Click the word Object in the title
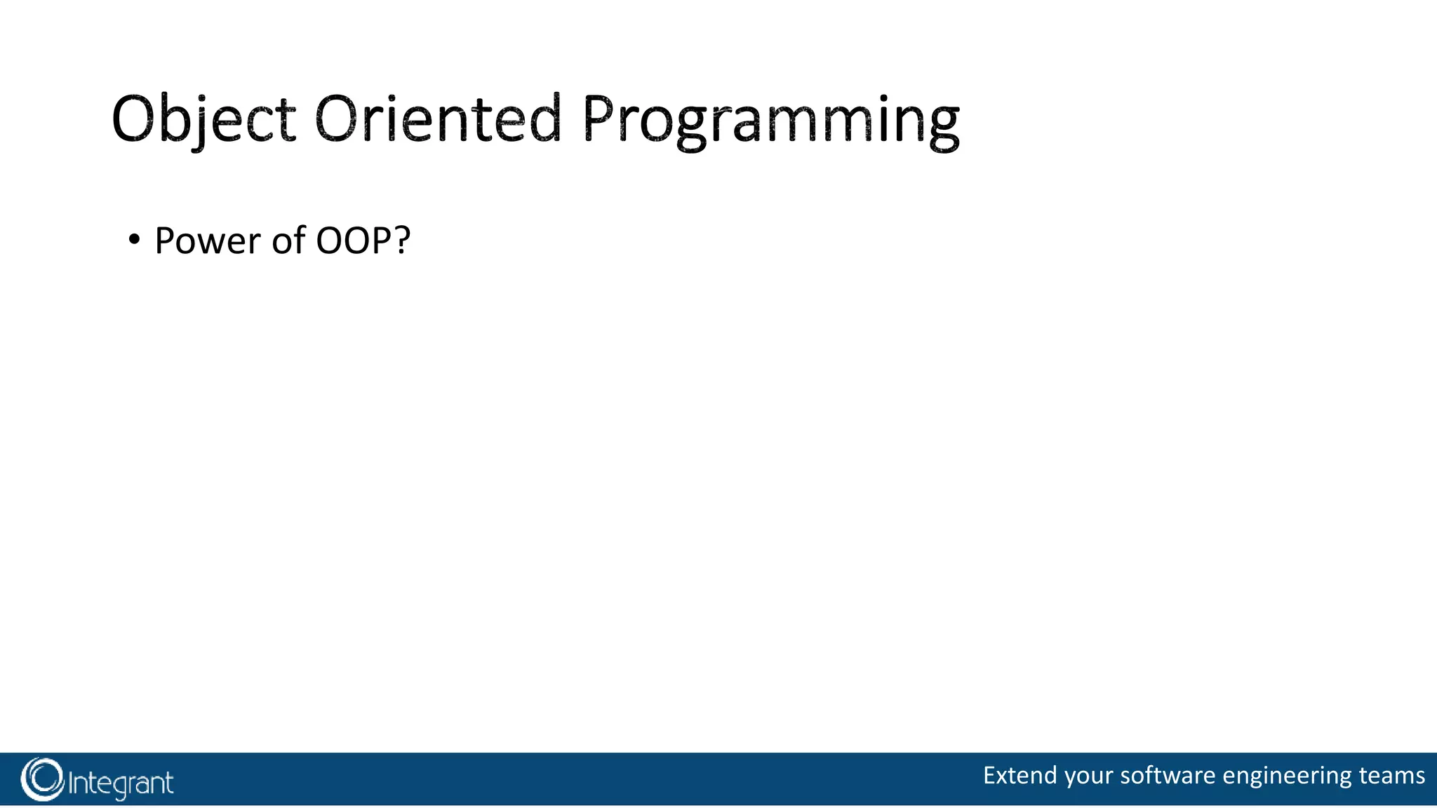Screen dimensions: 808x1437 point(203,119)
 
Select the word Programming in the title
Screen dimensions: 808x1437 point(770,121)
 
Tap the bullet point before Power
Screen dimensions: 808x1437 point(134,240)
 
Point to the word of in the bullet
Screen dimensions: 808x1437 point(288,241)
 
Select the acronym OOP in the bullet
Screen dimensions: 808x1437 point(353,241)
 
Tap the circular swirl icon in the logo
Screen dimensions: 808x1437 point(42,779)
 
